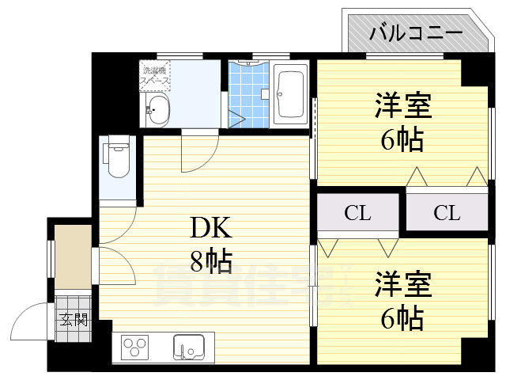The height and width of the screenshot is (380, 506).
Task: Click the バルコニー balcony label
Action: pos(416,32)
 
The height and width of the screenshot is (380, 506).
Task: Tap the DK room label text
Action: pos(210,229)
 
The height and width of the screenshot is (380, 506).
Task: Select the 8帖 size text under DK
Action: pos(210,260)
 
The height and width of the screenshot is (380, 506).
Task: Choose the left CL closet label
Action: pos(357,212)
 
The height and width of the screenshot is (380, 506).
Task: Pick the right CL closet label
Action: pos(446,212)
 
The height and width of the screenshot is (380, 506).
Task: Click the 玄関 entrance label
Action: pos(73,321)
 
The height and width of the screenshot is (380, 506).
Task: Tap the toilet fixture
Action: pos(119,158)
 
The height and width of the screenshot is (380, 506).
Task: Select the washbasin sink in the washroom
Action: pos(157,111)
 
